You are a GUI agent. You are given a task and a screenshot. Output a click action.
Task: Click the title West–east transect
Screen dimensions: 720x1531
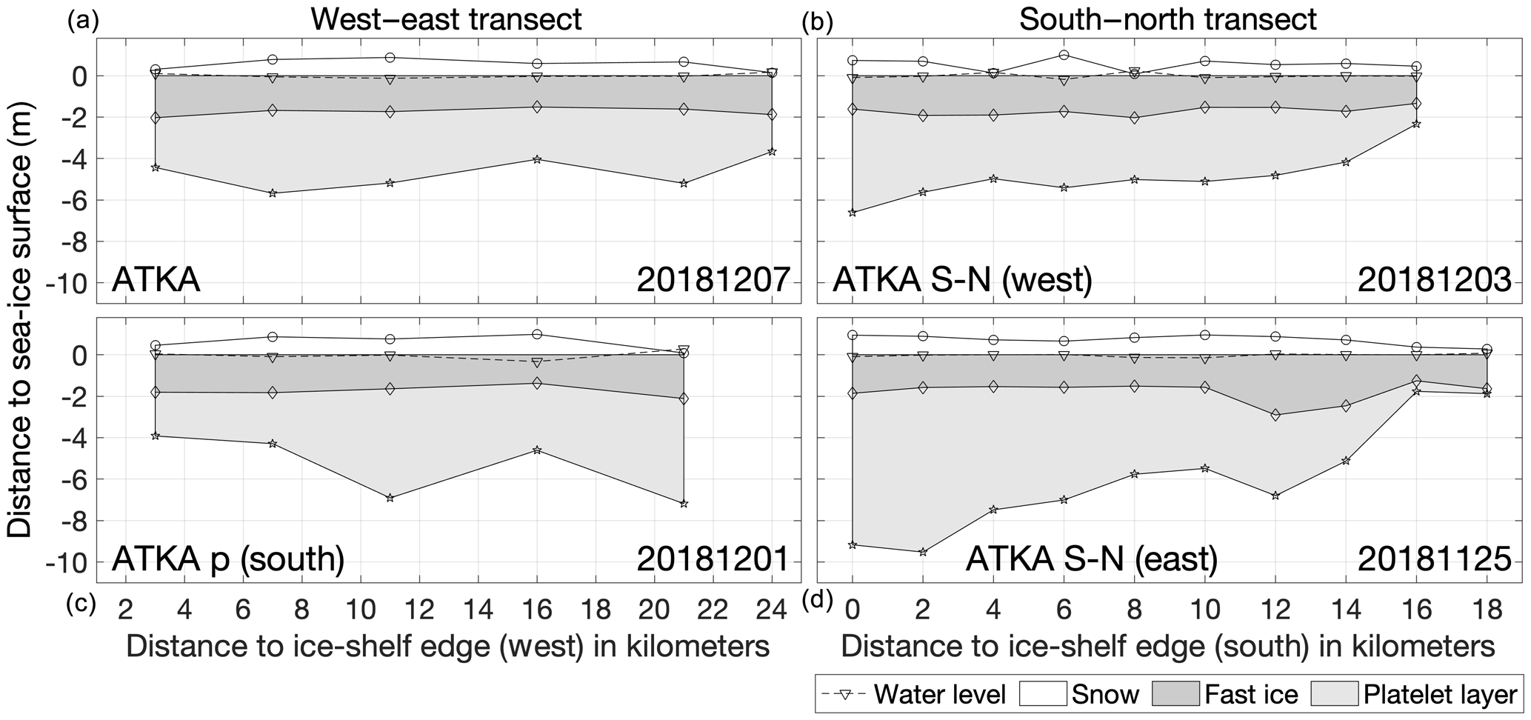[446, 19]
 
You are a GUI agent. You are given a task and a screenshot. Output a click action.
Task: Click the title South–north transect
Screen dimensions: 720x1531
[1167, 19]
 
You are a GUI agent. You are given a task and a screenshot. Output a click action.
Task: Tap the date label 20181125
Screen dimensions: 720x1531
[1434, 559]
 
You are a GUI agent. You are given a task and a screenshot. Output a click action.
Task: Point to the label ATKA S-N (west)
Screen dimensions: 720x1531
[962, 281]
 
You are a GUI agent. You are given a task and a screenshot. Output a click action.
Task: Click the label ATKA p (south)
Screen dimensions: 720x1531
[228, 559]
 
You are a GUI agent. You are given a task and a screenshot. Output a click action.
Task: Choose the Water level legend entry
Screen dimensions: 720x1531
[915, 694]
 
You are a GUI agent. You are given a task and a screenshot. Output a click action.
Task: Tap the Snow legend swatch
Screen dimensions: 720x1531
[1042, 694]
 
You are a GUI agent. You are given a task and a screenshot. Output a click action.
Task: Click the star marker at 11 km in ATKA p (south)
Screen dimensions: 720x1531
[390, 498]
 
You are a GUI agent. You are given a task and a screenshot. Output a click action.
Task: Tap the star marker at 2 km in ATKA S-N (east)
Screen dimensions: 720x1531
[923, 552]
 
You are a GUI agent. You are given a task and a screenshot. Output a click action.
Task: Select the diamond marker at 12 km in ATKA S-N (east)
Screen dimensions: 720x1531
[1275, 416]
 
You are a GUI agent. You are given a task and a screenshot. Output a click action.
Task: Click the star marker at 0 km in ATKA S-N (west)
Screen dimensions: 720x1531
[853, 213]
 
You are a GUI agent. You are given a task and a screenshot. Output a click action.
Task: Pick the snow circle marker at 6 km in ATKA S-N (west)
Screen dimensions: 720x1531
[1064, 55]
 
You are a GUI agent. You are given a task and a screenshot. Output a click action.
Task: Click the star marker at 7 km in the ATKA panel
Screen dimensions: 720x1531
[273, 193]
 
